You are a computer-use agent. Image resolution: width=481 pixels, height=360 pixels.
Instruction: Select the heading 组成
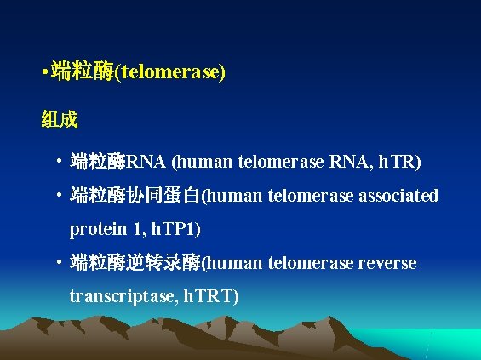(x=60, y=119)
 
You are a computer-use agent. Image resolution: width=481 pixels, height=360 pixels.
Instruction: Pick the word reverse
(x=388, y=263)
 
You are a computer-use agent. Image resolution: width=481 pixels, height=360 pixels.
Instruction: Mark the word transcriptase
(x=119, y=296)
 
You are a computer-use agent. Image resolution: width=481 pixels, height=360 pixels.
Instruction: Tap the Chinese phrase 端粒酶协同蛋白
(x=135, y=197)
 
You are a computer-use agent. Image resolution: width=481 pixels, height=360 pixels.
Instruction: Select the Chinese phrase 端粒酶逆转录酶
(x=135, y=263)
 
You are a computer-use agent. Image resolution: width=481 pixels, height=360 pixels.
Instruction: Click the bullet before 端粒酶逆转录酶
(x=56, y=263)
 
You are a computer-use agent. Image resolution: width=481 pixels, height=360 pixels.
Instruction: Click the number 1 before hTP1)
(x=137, y=230)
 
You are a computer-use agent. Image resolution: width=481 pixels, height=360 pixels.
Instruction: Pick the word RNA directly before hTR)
(x=352, y=162)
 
